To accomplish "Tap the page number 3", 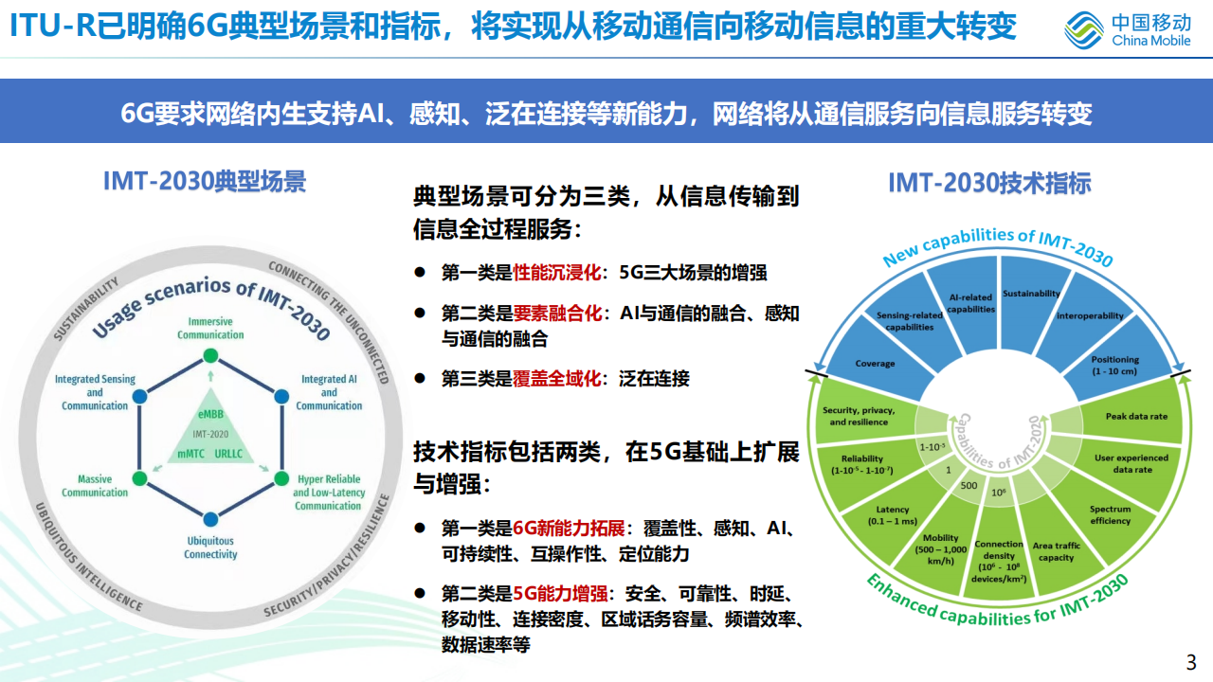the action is coord(1191,661).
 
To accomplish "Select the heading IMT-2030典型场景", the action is coord(205,181).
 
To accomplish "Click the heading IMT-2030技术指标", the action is coord(989,183).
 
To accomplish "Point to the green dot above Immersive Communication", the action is coord(210,356).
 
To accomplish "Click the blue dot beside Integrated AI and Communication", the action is coord(281,396).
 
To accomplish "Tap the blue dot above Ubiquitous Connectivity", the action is coord(210,517).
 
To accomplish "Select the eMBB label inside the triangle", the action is coord(210,414).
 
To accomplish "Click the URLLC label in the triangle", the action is coord(229,455).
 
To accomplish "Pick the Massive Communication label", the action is coord(95,486).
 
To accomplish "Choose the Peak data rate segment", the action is coord(1136,417).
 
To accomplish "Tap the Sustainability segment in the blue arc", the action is coord(1031,295).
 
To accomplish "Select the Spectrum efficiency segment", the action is coord(1110,514).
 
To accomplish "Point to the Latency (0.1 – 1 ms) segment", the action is coord(893,515).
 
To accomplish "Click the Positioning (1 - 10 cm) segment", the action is coord(1114,365).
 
